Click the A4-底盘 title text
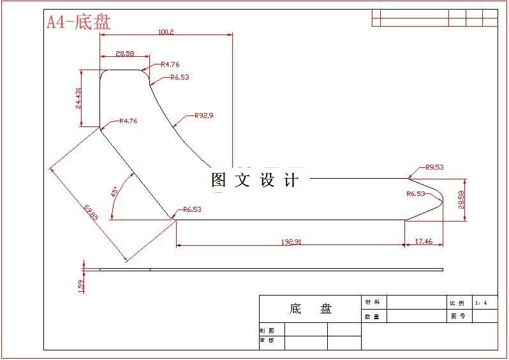[x=78, y=22]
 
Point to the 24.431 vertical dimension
[x=79, y=98]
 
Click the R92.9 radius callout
[x=203, y=116]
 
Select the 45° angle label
[x=114, y=191]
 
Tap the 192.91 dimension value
[x=291, y=242]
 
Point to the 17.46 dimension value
[x=424, y=241]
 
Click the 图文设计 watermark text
[x=255, y=181]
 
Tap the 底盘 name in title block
[x=311, y=309]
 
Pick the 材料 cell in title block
[x=371, y=302]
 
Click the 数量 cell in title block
[x=371, y=316]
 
